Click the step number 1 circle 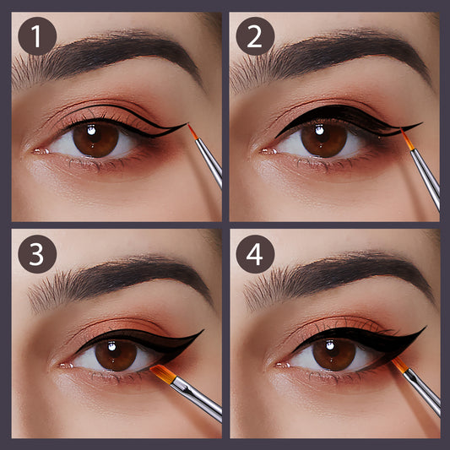coord(37,36)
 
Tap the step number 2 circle coord(255,36)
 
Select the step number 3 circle coord(37,254)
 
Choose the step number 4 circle coord(255,254)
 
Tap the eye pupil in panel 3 coord(116,355)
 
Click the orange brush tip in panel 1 coord(192,132)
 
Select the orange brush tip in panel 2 coord(408,139)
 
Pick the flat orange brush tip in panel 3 coord(162,374)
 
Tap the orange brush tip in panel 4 coord(400,365)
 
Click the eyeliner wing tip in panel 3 coord(203,330)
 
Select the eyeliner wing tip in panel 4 coord(426,327)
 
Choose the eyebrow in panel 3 coord(121,279)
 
